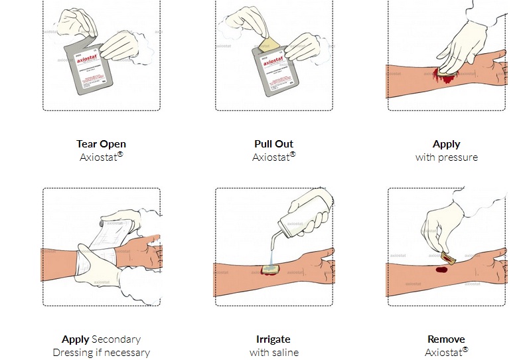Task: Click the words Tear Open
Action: (x=102, y=143)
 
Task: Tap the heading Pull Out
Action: (x=273, y=143)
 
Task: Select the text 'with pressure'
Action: (x=446, y=157)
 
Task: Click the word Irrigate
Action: (x=273, y=339)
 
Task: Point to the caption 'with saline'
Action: (x=273, y=353)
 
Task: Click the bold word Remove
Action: (x=446, y=339)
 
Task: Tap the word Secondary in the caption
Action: (x=116, y=339)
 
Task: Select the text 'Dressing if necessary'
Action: (x=102, y=353)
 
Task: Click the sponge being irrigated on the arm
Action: (x=271, y=268)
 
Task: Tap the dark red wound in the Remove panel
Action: (x=441, y=270)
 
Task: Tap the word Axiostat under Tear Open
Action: (x=99, y=157)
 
